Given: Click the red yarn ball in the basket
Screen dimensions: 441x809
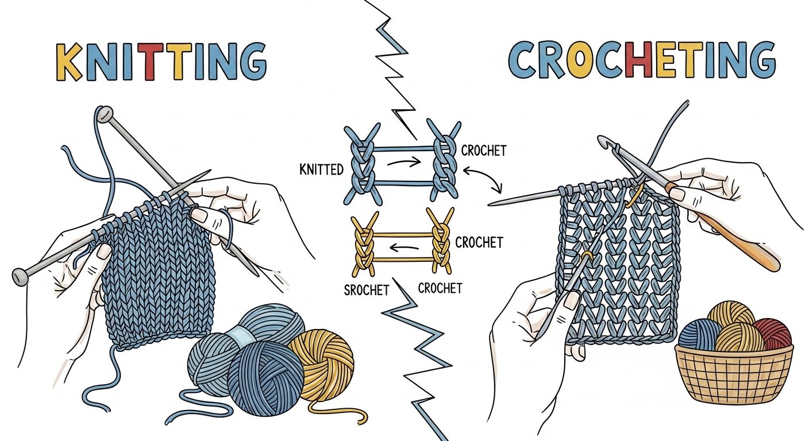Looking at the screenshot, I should tap(773, 334).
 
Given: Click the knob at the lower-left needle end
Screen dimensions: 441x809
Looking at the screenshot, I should tap(21, 276).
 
